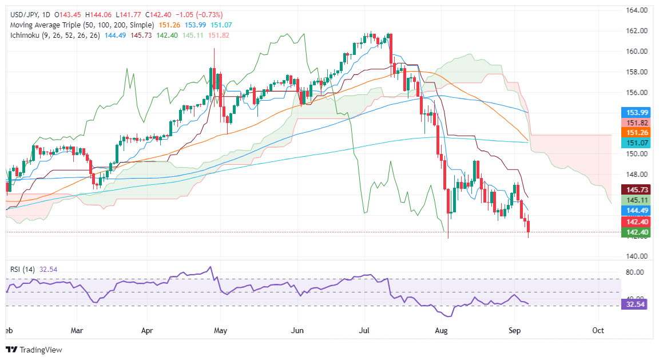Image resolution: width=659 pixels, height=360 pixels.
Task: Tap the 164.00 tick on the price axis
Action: (x=636, y=10)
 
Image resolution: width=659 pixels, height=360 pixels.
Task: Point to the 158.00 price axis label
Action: (x=636, y=72)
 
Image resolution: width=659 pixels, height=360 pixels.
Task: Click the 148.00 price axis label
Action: (x=636, y=174)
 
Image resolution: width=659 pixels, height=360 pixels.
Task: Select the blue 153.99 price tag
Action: (x=636, y=112)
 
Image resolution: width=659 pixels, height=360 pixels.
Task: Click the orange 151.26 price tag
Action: (x=636, y=132)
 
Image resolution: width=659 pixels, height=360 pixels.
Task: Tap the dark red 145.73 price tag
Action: (x=636, y=189)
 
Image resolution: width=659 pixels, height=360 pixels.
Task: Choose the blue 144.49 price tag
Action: (x=636, y=210)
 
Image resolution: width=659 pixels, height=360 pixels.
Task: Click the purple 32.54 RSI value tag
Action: (x=636, y=306)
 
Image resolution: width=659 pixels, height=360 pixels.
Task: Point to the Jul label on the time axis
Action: (x=366, y=331)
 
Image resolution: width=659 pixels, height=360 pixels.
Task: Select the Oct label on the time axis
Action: (x=598, y=331)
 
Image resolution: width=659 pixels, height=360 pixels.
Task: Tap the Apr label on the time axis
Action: (x=148, y=331)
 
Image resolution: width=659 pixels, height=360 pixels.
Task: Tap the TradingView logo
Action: (x=34, y=349)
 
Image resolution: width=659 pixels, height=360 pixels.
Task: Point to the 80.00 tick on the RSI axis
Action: (x=636, y=272)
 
